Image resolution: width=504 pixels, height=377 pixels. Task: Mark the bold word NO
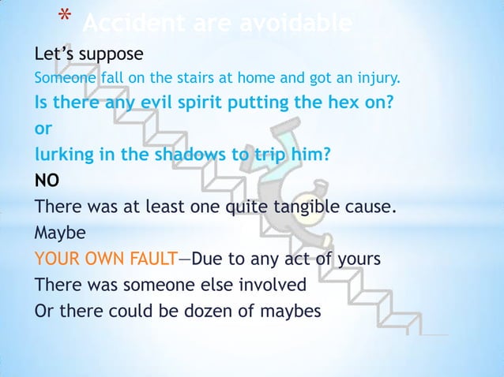click(46, 181)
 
